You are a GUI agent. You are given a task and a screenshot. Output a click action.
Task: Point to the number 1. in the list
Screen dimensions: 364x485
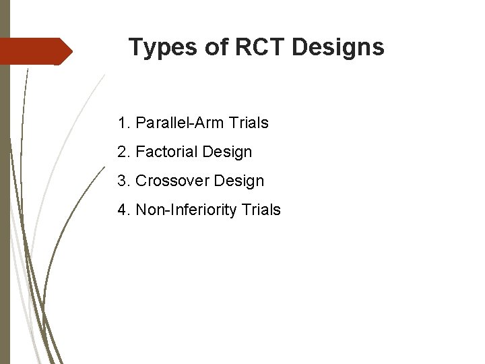tap(123, 123)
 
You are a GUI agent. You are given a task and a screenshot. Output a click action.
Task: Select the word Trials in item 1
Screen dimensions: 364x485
tap(249, 123)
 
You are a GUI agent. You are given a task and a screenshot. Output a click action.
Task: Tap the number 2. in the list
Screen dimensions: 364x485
tap(123, 152)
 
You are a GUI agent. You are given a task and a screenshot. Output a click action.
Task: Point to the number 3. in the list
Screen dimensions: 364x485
tap(123, 181)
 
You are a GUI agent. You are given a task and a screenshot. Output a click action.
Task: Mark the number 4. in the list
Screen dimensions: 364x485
tap(123, 210)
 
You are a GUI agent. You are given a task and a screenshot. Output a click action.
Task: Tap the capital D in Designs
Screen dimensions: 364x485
tap(300, 47)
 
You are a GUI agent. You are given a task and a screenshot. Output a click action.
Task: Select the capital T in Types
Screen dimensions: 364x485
tap(135, 47)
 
